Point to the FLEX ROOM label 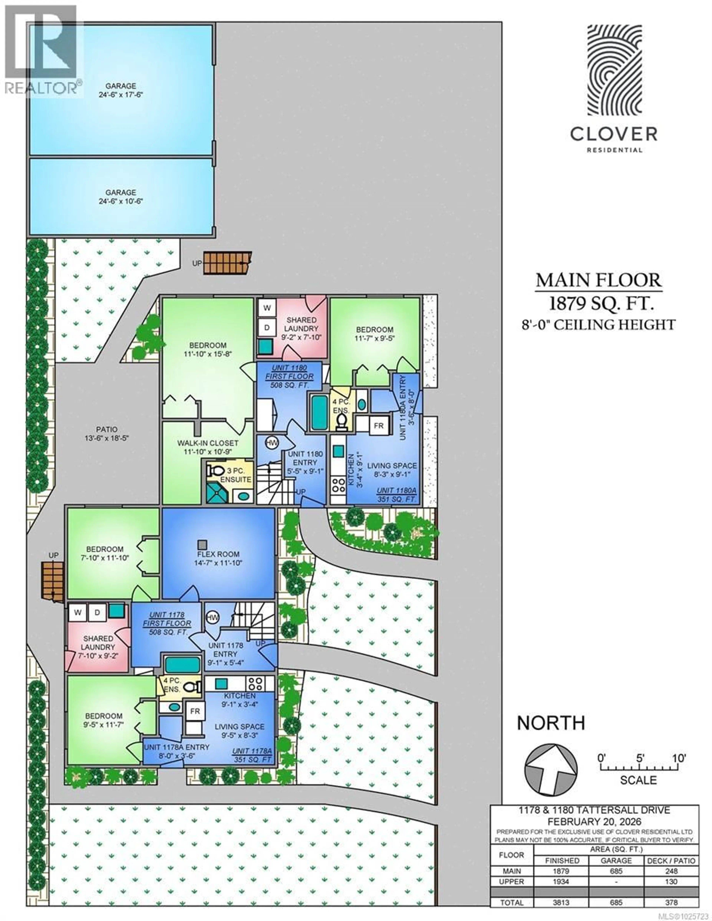218,554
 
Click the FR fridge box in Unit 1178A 195,711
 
